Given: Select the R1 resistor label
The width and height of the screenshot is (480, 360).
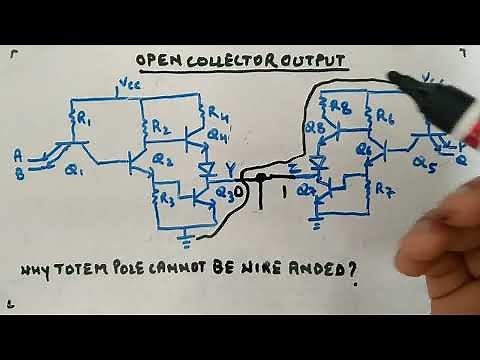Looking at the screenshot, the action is [x=84, y=121].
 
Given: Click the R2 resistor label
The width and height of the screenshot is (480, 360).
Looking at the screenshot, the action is [x=163, y=127].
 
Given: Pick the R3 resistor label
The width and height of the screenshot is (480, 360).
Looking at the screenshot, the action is [x=166, y=196].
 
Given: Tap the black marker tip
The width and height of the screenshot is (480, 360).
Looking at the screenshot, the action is [x=396, y=80].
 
